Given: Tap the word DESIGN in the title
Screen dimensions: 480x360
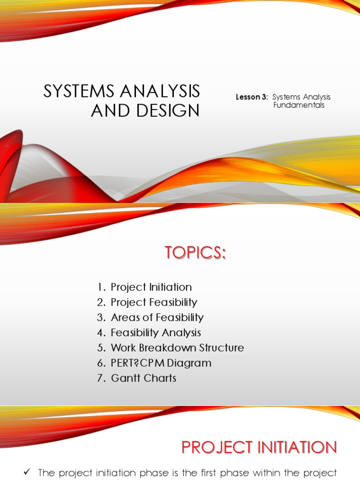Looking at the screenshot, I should (x=168, y=111).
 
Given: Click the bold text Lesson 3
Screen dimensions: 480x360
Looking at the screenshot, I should (x=251, y=97).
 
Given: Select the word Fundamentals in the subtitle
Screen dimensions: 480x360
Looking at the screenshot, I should (x=299, y=105).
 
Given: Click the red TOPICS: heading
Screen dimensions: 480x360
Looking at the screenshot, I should (x=195, y=253).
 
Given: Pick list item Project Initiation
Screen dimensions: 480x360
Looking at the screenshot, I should (x=151, y=287).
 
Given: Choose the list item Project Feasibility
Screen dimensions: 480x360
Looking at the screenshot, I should (x=154, y=302).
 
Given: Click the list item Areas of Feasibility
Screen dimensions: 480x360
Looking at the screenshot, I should (x=157, y=317).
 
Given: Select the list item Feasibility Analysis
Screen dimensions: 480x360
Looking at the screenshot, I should (x=156, y=333).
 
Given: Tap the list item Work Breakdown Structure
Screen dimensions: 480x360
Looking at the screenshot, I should (x=177, y=348).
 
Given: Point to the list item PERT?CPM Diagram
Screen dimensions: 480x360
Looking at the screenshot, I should (x=161, y=363).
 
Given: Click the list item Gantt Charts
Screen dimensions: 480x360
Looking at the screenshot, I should (x=143, y=378).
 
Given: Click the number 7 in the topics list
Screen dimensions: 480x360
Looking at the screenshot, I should (x=100, y=378).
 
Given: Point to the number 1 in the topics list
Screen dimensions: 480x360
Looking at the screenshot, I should (x=100, y=287).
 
